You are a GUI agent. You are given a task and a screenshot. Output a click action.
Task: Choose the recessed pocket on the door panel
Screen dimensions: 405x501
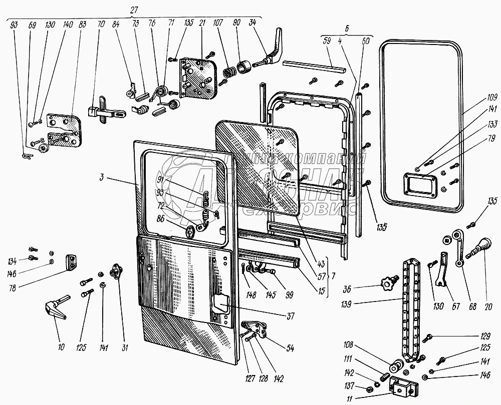pyautogui.click(x=219, y=303)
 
